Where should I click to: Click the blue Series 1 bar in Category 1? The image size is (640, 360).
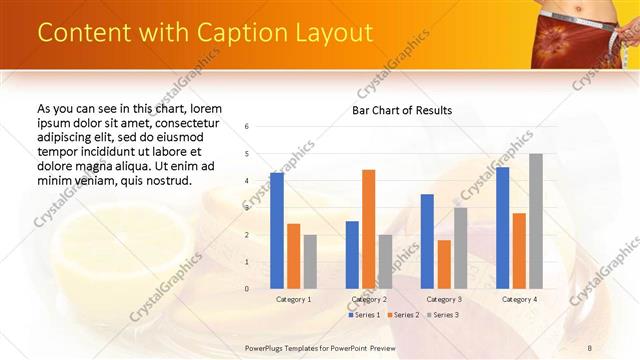coord(277,231)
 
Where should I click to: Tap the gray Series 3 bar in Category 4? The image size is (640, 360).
coord(536,221)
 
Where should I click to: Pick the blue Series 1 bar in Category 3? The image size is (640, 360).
coord(427,241)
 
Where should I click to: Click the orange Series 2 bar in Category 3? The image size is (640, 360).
coord(444,264)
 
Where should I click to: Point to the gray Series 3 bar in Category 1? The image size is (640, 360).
coord(310,262)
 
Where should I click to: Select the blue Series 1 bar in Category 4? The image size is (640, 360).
coord(502,228)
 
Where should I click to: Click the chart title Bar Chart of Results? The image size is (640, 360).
coord(401,110)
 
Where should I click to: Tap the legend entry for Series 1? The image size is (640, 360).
coord(362,315)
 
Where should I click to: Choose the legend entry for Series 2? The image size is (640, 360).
coord(402,315)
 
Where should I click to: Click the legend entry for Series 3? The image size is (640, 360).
coord(442,315)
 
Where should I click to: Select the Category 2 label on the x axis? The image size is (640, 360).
coord(368,299)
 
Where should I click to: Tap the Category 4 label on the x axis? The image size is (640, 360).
coord(519,299)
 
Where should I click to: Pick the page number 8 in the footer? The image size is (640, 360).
coord(589,347)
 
